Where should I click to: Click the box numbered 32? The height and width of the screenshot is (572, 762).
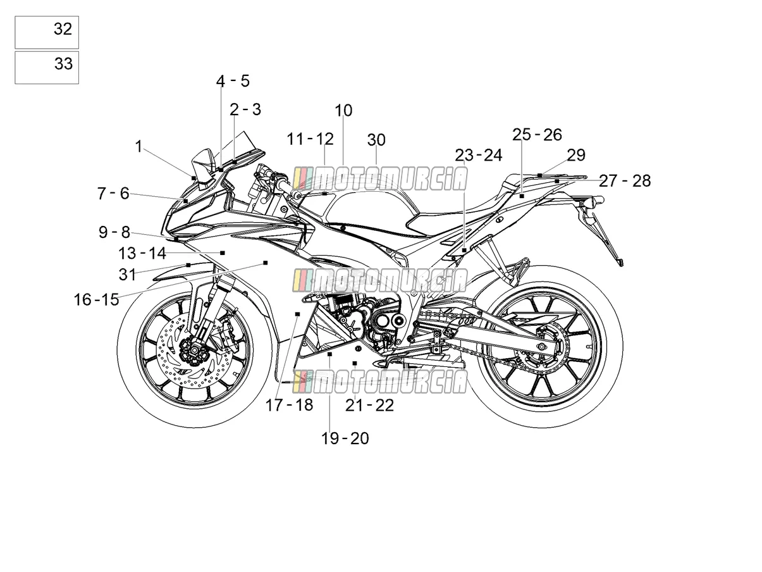pos(47,32)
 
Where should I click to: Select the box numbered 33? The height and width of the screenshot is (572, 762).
pos(47,67)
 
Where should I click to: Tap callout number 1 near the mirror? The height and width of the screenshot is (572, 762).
pos(138,147)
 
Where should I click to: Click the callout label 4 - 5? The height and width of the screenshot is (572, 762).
pos(233,81)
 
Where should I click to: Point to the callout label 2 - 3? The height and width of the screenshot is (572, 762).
pos(245,109)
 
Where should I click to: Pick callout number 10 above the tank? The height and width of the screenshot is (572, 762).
pos(343,111)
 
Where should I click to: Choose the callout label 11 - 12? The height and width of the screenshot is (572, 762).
pos(310,139)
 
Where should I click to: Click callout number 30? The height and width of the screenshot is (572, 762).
pos(376,140)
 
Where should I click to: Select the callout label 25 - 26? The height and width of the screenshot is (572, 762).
pos(537,134)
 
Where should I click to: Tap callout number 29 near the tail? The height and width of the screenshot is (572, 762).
pos(576,155)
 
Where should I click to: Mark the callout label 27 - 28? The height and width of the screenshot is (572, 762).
pos(625,181)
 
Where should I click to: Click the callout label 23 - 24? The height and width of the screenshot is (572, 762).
pos(478,155)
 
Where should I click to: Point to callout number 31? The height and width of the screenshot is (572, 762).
pos(127,275)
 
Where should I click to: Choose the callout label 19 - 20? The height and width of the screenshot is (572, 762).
pos(345,438)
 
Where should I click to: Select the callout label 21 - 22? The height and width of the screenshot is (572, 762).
pos(369,406)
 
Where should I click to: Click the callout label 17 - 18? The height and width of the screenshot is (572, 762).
pos(289,405)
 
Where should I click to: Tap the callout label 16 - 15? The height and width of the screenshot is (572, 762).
pos(97,299)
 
